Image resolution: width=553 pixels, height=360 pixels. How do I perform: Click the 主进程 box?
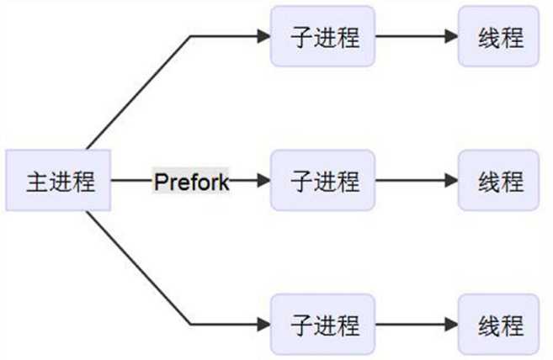(58, 180)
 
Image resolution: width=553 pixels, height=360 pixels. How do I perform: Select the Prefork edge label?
(191, 180)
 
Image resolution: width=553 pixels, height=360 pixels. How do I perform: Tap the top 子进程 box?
(322, 37)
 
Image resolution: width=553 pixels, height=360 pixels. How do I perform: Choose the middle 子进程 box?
(322, 180)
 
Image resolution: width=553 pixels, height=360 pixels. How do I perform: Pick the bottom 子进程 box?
(322, 324)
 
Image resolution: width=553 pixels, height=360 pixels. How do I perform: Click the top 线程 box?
(498, 37)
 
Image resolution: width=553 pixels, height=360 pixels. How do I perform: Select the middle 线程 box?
(498, 180)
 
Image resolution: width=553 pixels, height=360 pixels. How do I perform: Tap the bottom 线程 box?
(498, 324)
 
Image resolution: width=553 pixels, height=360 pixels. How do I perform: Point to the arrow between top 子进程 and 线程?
(416, 37)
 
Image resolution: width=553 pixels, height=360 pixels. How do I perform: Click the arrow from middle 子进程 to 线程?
(416, 180)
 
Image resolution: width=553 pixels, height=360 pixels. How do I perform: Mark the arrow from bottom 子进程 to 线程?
(416, 324)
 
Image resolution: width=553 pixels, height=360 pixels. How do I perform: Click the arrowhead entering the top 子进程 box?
(263, 37)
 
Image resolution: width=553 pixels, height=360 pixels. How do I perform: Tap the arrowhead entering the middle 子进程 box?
(263, 180)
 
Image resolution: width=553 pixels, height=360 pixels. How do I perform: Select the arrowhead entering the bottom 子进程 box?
(263, 324)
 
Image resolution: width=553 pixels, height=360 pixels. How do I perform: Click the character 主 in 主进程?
(36, 181)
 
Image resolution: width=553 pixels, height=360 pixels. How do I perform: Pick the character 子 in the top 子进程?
(300, 38)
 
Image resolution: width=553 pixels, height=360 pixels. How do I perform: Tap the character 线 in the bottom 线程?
(487, 325)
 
